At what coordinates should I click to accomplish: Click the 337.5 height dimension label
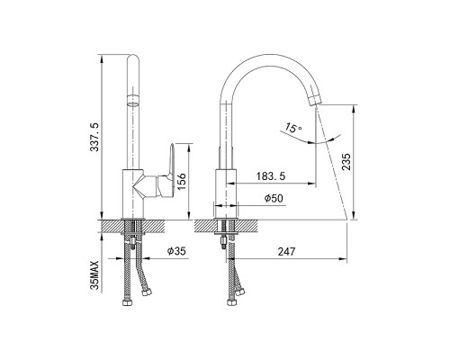(94, 137)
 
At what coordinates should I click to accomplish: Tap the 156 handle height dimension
(182, 182)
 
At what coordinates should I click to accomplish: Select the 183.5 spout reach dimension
(271, 176)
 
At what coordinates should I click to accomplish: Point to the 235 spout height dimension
(346, 162)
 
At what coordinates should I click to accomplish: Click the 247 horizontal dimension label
(287, 252)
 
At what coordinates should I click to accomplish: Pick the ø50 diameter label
(274, 198)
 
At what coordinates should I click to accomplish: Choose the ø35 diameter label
(176, 251)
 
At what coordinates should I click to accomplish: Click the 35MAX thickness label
(94, 275)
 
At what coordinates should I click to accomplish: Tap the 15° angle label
(293, 128)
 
